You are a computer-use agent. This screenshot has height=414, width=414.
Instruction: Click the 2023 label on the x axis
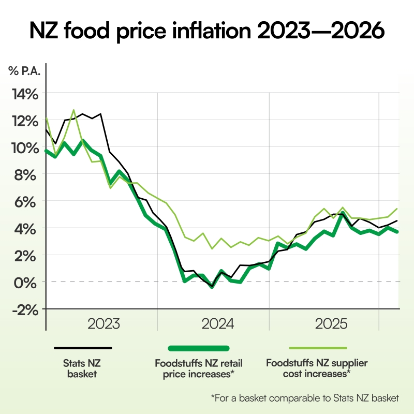[x=103, y=324]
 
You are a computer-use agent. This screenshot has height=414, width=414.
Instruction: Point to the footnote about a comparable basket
[x=305, y=398]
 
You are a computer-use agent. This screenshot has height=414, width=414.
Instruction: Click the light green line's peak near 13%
[x=74, y=110]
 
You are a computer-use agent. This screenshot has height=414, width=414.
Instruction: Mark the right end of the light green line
[x=397, y=209]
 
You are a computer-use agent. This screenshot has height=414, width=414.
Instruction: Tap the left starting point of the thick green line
[x=47, y=151]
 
